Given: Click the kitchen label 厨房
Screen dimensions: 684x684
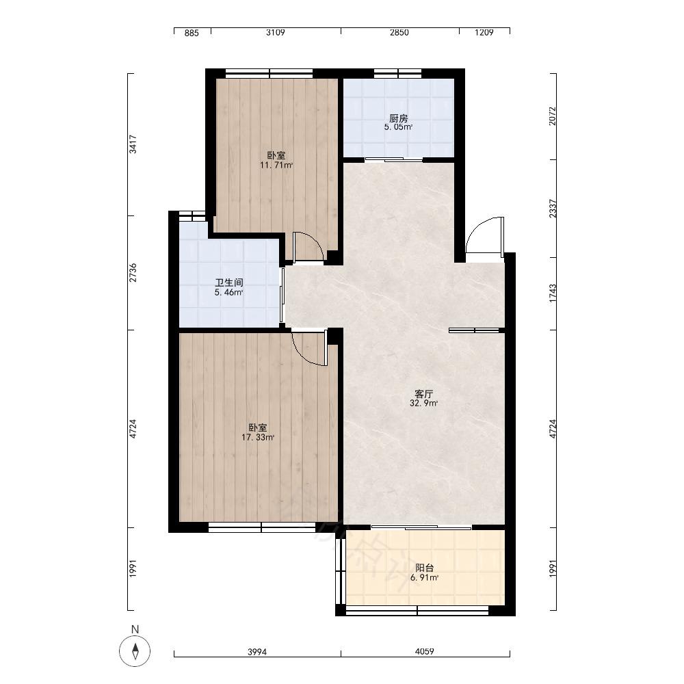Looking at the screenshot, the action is pyautogui.click(x=398, y=118).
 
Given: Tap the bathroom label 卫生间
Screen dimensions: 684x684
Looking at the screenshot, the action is pyautogui.click(x=229, y=282).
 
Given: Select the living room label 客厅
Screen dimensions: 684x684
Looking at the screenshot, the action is pyautogui.click(x=423, y=394).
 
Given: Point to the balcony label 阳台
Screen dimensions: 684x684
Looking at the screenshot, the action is pyautogui.click(x=425, y=568).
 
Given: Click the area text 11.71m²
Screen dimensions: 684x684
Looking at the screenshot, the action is pyautogui.click(x=276, y=166).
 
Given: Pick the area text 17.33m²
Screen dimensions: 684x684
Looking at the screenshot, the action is pyautogui.click(x=258, y=438).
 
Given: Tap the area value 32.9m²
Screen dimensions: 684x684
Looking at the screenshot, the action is pyautogui.click(x=423, y=404).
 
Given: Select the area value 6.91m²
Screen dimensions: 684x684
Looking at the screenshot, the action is pyautogui.click(x=425, y=578).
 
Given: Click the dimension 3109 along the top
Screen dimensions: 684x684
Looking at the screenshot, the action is pyautogui.click(x=276, y=32).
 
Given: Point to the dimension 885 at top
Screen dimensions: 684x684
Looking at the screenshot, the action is pyautogui.click(x=192, y=33).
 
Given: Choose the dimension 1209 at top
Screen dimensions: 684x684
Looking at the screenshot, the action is pyautogui.click(x=484, y=32).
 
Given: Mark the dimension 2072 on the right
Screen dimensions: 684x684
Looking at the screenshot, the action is pyautogui.click(x=553, y=116).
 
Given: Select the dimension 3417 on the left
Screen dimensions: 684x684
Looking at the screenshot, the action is pyautogui.click(x=133, y=144).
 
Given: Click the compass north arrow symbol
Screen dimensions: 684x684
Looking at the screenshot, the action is pyautogui.click(x=135, y=651).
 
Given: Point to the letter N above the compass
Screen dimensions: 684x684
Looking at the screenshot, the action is pyautogui.click(x=135, y=629).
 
